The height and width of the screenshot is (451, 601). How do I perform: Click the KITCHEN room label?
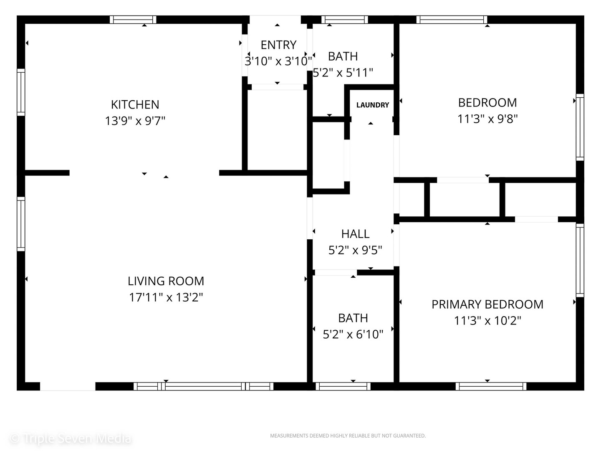(135, 104)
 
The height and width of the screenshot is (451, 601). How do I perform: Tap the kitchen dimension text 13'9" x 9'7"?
(135, 121)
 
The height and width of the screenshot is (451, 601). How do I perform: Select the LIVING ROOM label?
(166, 281)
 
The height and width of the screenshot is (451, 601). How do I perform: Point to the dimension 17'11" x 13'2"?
(166, 297)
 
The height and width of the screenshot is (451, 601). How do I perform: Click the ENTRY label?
(278, 45)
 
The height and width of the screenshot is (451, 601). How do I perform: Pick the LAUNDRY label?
(372, 105)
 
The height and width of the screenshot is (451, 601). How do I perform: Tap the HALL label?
(355, 234)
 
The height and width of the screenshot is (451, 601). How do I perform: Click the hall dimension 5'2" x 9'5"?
(355, 250)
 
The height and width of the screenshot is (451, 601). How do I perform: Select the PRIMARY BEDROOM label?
(487, 304)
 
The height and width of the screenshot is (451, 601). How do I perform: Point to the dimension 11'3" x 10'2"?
(487, 321)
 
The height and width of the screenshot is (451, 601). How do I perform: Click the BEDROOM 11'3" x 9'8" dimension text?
(487, 119)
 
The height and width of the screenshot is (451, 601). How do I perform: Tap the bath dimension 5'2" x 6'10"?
(353, 334)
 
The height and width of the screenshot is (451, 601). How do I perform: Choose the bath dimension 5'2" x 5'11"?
(343, 73)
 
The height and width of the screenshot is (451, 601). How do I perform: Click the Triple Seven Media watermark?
(70, 438)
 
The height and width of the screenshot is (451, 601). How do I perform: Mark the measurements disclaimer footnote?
(348, 436)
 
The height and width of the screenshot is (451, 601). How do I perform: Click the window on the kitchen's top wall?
(133, 19)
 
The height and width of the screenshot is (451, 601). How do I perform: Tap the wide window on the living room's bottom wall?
(203, 386)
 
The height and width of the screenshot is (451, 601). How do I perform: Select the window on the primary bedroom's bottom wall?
(491, 386)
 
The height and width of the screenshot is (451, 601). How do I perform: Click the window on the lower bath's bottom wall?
(343, 386)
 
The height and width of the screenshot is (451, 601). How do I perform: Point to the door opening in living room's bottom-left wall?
(68, 386)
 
